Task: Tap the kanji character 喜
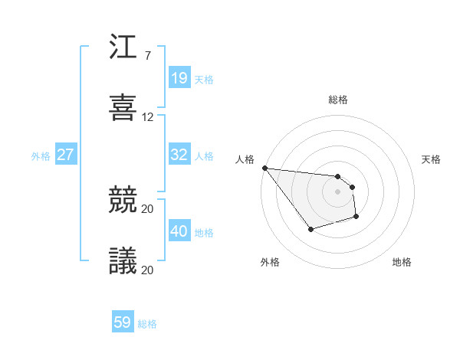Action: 123,107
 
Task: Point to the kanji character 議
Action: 123,260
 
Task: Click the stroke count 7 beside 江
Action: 147,56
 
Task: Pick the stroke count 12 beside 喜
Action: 148,117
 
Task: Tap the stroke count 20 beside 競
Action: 148,208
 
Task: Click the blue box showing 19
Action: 179,78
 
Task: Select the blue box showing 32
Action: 179,155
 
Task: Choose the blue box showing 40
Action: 179,231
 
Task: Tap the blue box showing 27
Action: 65,155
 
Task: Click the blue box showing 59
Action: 122,322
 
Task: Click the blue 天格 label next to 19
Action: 204,80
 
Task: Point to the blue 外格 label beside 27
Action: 41,156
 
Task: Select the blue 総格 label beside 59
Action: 147,324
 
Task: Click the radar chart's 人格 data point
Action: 264,168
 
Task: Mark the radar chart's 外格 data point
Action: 310,229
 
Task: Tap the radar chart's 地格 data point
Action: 356,218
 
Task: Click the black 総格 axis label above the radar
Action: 338,100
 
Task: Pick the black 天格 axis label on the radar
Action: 432,159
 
